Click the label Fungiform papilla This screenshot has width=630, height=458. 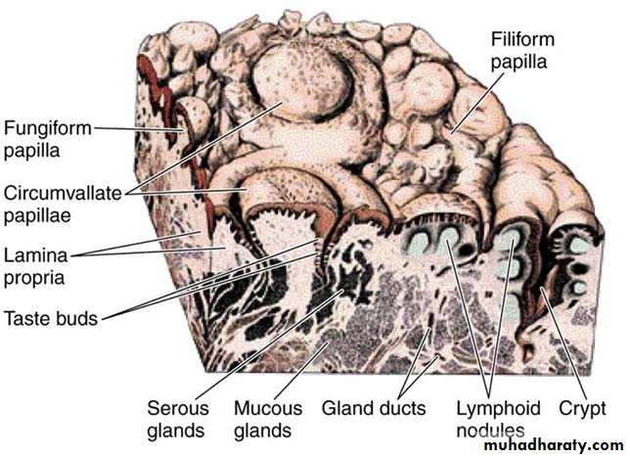(48, 139)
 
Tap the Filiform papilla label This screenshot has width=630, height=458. (522, 51)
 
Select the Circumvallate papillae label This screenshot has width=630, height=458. (63, 205)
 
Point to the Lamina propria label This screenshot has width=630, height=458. (35, 266)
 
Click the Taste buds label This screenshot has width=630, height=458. (51, 318)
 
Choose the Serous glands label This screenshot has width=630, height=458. (178, 420)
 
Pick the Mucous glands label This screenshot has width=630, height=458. (268, 420)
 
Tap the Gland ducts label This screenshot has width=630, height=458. (374, 408)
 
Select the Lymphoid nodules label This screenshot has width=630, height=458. (498, 420)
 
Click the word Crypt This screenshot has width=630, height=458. (582, 409)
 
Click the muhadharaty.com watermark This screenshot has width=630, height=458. (554, 445)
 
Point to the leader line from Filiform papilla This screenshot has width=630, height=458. (477, 103)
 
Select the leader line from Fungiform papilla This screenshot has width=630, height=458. (138, 128)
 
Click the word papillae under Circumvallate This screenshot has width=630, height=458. (37, 216)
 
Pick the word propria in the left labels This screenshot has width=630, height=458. (33, 278)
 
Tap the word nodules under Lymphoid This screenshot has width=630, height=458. (490, 431)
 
